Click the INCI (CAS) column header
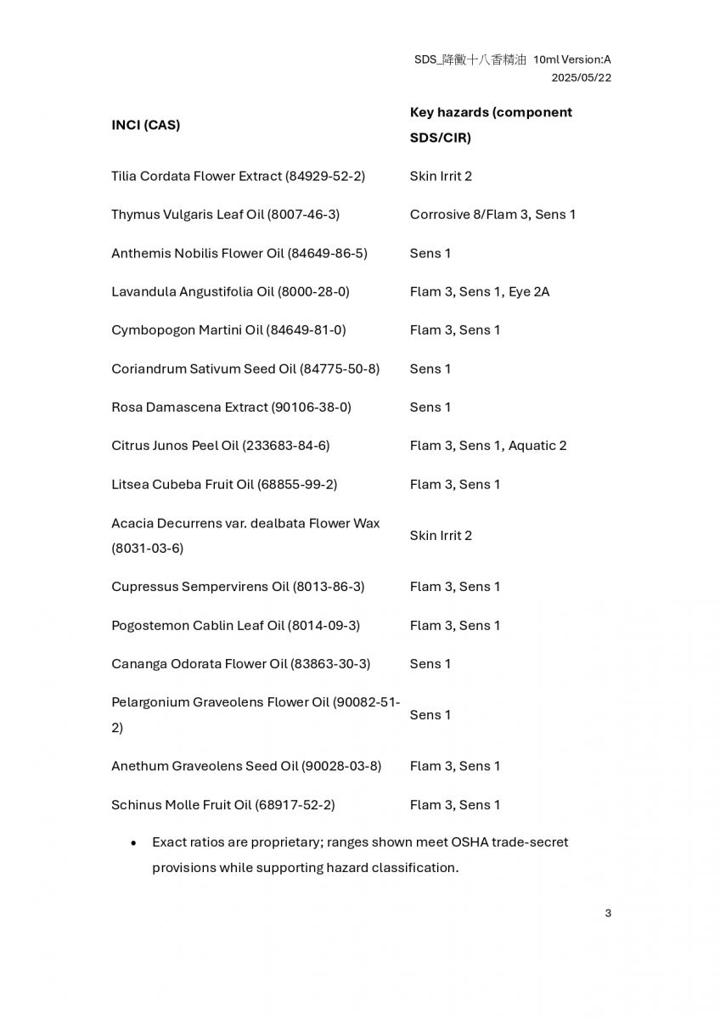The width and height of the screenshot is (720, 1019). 145,125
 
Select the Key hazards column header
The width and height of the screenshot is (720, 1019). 490,124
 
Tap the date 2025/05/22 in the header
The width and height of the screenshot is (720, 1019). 581,77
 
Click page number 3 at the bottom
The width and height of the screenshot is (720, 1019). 608,914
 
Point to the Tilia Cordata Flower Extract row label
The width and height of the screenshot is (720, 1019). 238,176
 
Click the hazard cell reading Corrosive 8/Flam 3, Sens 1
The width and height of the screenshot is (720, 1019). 492,215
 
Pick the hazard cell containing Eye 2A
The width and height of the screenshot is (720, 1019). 480,291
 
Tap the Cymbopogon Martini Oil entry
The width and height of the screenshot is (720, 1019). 228,330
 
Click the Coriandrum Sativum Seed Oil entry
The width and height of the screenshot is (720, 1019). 245,369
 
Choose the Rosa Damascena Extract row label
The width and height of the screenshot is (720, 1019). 231,407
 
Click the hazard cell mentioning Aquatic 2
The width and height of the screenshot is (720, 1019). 488,446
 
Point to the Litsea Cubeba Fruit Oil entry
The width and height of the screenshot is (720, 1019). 224,484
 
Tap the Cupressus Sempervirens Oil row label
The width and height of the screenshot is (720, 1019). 238,587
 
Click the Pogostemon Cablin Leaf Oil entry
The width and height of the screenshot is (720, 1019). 235,625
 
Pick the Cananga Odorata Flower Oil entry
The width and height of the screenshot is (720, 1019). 240,663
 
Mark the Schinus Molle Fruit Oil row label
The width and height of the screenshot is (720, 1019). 222,804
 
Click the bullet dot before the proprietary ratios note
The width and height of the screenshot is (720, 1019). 134,843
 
